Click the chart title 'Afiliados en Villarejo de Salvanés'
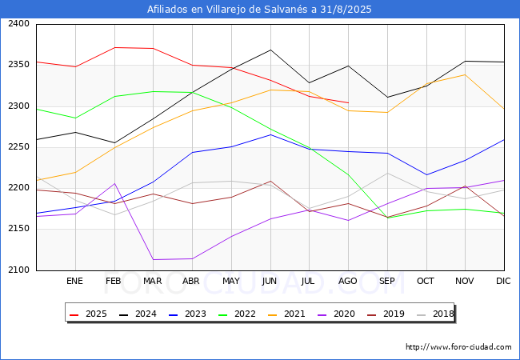pos(259,10)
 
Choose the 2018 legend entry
pos(434,314)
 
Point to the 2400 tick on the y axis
pos(19,24)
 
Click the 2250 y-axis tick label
pos(19,147)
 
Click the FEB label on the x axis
pos(114,282)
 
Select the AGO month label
pos(348,282)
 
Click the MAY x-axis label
pos(230,282)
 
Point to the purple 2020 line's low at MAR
pos(153,259)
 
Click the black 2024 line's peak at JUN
pos(270,50)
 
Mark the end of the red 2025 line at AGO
pos(348,102)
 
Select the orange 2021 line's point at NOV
pos(466,74)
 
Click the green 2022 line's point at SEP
pos(387,218)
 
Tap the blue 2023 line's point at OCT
pos(426,174)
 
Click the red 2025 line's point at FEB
pos(114,47)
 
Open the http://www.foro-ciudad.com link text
pos(458,347)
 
